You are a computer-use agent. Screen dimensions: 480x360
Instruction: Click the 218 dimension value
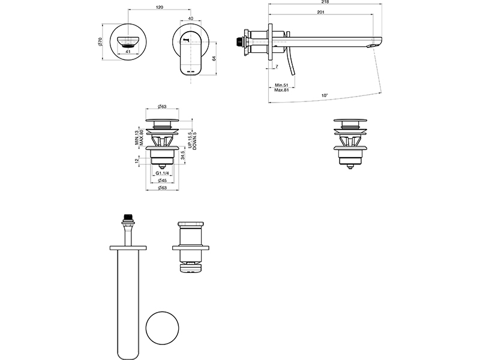pyautogui.click(x=325, y=2)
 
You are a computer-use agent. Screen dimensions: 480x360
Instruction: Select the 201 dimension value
pyautogui.click(x=320, y=12)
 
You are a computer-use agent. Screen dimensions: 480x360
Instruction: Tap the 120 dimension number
pyautogui.click(x=160, y=7)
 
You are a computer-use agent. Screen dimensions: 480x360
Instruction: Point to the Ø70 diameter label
pyautogui.click(x=100, y=42)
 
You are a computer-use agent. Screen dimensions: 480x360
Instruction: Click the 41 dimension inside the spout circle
pyautogui.click(x=128, y=52)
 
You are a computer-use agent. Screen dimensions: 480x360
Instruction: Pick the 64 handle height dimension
pyautogui.click(x=214, y=58)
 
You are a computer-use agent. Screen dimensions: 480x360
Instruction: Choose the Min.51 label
pyautogui.click(x=281, y=85)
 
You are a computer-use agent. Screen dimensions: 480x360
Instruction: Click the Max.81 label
pyautogui.click(x=281, y=90)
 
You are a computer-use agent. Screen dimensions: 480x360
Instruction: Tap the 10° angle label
pyautogui.click(x=325, y=95)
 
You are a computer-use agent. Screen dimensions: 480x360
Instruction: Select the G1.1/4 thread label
pyautogui.click(x=162, y=173)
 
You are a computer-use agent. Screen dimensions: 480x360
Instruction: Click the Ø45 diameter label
pyautogui.click(x=162, y=181)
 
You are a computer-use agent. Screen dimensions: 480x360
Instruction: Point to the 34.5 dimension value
pyautogui.click(x=183, y=155)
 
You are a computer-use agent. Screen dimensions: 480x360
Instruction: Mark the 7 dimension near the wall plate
pyautogui.click(x=277, y=67)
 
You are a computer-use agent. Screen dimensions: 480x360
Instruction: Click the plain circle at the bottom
pyautogui.click(x=162, y=328)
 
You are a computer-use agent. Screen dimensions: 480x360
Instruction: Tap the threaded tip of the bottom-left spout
pyautogui.click(x=128, y=218)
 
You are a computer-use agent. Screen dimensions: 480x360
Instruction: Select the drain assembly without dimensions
pyautogui.click(x=350, y=144)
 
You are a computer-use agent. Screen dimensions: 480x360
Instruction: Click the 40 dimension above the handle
pyautogui.click(x=191, y=19)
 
